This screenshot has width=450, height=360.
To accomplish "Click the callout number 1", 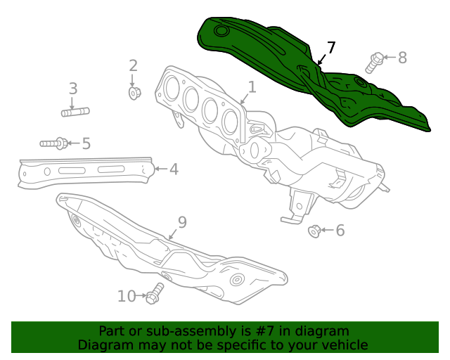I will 251,87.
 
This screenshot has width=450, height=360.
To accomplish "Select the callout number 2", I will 134,66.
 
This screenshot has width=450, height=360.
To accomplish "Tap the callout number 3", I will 72,89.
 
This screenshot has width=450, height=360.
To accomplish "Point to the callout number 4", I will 173,169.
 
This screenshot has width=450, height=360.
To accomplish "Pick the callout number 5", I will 86,144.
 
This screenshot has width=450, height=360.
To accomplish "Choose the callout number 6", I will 340,230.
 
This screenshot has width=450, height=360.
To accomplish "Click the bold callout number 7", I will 331,48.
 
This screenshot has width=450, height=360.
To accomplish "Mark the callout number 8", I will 402,58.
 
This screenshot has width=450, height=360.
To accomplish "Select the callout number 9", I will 182,223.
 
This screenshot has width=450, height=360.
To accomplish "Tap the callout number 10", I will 127,296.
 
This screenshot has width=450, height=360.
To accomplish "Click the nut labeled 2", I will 134,92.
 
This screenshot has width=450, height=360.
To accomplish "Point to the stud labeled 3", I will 75,111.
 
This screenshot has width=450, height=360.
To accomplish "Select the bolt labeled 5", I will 54,143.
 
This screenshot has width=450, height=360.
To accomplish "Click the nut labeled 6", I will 315,230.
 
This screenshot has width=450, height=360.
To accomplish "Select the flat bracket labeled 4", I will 84,171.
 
